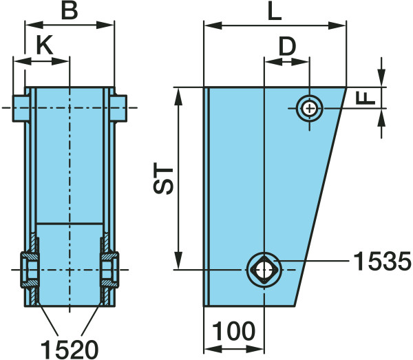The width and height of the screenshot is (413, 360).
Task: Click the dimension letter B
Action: tap(70, 11)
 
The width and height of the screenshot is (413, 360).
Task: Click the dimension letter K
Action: tap(45, 45)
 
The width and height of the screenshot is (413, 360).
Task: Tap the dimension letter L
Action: tap(275, 12)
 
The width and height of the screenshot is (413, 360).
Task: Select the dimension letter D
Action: tap(287, 46)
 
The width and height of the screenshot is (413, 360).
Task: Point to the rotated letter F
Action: tap(366, 98)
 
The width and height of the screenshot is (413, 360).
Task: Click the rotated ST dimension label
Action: tap(163, 178)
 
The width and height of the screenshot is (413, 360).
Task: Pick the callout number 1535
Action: tap(382, 261)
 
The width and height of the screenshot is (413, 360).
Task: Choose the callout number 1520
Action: tap(70, 350)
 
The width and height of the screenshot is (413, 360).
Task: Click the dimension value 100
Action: tap(234, 331)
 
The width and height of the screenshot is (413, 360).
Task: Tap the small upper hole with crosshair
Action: tap(309, 108)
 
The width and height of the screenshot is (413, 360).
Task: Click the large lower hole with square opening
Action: tap(264, 270)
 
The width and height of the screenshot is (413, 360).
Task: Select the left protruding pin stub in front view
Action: tap(21, 108)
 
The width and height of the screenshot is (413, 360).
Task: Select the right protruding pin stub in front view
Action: tap(118, 108)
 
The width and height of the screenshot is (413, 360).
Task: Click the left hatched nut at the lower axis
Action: tap(30, 270)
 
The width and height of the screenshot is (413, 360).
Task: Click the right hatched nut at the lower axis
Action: tap(109, 270)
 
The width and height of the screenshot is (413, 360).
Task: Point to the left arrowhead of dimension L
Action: tap(213, 25)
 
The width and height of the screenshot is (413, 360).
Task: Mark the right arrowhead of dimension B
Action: tap(105, 25)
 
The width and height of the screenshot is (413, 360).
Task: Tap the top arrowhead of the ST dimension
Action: tap(178, 97)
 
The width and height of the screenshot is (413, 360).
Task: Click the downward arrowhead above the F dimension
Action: tap(381, 77)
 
